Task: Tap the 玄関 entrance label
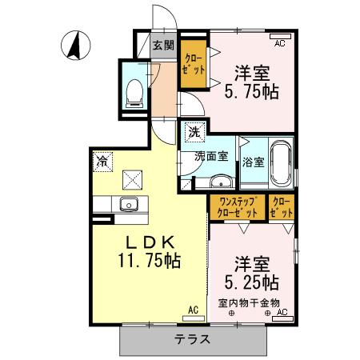point(163,45)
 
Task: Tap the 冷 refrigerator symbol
point(103,162)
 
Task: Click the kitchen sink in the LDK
point(129,203)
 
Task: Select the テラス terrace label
point(193,339)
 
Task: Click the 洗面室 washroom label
point(212,157)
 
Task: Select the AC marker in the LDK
point(194,310)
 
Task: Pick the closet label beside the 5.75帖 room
point(193,64)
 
